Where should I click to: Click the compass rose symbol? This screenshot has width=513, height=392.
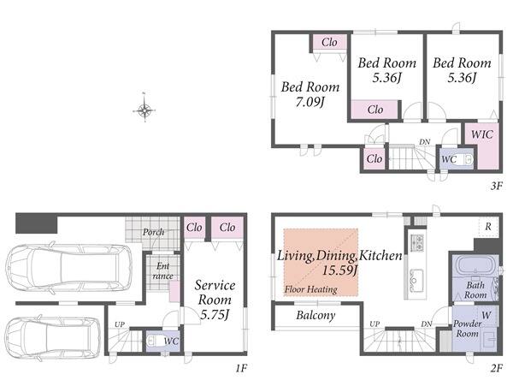(x=144, y=110)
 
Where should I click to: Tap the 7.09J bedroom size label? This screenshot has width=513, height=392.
(x=310, y=103)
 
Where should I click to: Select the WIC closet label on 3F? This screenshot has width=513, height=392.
(x=482, y=134)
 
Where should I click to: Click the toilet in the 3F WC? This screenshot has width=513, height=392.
(x=466, y=160)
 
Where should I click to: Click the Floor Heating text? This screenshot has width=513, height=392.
(x=311, y=289)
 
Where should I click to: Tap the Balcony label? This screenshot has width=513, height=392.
(x=315, y=315)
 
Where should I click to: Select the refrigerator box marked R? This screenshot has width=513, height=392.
(x=488, y=227)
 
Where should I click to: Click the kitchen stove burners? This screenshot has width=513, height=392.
(x=416, y=243)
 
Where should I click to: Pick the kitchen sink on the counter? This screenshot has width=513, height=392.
(x=416, y=280)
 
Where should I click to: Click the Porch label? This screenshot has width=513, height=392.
(x=153, y=232)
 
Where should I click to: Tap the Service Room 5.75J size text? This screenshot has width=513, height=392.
(x=214, y=315)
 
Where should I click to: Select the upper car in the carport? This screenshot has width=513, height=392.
(x=69, y=267)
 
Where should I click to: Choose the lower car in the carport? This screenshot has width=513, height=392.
(x=53, y=337)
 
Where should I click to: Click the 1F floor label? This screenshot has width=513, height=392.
(x=240, y=368)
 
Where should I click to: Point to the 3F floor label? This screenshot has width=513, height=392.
(x=496, y=186)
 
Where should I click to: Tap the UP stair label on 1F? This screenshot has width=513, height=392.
(x=120, y=324)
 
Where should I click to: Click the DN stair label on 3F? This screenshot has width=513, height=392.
(x=425, y=142)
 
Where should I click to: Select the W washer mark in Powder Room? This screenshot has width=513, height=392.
(x=486, y=315)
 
